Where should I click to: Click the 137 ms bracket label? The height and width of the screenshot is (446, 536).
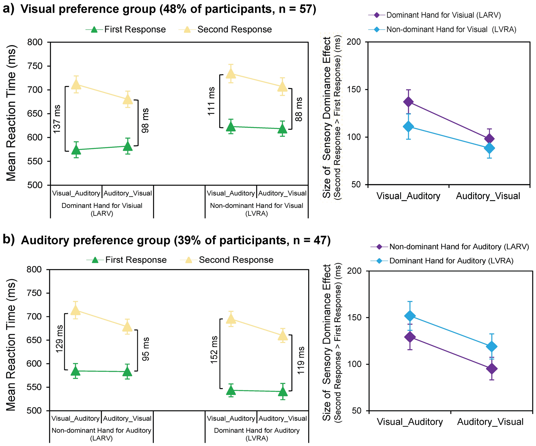[57, 119]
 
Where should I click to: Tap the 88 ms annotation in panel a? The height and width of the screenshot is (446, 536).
[299, 109]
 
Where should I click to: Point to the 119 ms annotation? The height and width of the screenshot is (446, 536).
[301, 360]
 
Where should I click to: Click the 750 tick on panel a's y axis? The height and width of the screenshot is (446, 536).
[35, 66]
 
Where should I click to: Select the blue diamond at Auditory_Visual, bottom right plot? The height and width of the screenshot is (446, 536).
[492, 347]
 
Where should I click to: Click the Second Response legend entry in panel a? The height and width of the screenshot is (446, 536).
[234, 29]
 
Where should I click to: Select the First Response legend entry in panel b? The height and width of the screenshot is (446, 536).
[136, 260]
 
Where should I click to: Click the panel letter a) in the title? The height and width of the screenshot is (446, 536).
[9, 9]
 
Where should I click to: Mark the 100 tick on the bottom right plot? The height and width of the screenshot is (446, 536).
[354, 364]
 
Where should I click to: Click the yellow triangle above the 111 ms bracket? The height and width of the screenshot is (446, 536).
[231, 73]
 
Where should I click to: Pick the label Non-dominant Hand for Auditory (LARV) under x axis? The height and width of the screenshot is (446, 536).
[101, 434]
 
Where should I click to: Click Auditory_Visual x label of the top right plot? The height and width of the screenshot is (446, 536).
[488, 196]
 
